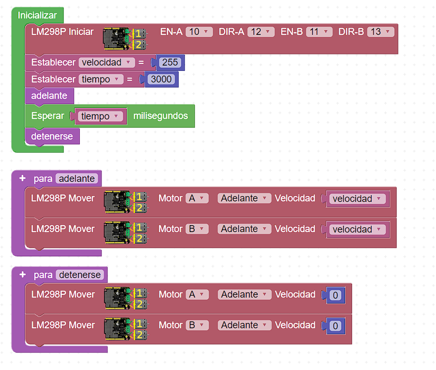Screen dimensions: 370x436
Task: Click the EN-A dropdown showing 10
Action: (199, 32)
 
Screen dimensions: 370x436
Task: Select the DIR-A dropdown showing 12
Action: (261, 32)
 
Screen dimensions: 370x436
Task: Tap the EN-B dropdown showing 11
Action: (319, 32)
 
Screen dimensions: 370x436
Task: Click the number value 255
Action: (170, 62)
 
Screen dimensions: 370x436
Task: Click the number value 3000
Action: (161, 79)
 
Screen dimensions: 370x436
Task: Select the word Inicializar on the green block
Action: (37, 15)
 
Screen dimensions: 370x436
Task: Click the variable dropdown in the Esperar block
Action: (100, 116)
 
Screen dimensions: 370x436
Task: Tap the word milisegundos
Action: (160, 116)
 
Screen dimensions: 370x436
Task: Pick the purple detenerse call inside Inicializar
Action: (52, 136)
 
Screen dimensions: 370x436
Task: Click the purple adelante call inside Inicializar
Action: (49, 96)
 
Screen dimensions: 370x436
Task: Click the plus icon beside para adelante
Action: (22, 178)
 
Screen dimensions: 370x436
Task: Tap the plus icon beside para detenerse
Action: (22, 274)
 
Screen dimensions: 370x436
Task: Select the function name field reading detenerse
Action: (80, 275)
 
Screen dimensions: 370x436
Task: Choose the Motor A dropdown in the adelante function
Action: (197, 198)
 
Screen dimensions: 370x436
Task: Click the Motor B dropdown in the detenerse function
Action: (197, 325)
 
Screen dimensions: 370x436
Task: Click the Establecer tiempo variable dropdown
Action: (101, 79)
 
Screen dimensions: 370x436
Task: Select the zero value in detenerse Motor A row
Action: (335, 295)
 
